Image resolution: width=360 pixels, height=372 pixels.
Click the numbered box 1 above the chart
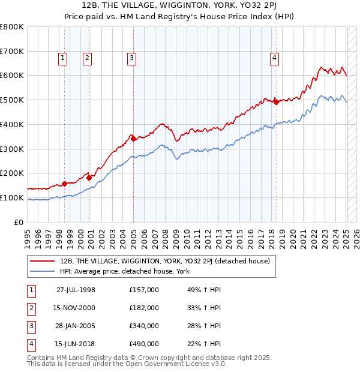pos(63,58)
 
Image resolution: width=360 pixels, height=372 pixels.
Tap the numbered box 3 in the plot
pos(131,58)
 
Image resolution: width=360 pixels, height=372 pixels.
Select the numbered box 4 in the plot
pos(274,58)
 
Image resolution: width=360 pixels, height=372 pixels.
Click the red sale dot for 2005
pos(134,139)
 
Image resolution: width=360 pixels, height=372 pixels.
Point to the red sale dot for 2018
pos(276,102)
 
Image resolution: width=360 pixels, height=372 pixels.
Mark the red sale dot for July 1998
pos(64,184)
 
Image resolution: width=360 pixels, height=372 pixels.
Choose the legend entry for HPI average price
pos(125,271)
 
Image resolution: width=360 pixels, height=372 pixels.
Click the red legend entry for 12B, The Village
pos(165,261)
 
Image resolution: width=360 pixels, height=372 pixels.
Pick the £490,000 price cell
pos(144,344)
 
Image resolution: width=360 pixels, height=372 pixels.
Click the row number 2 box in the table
pos(31,308)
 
